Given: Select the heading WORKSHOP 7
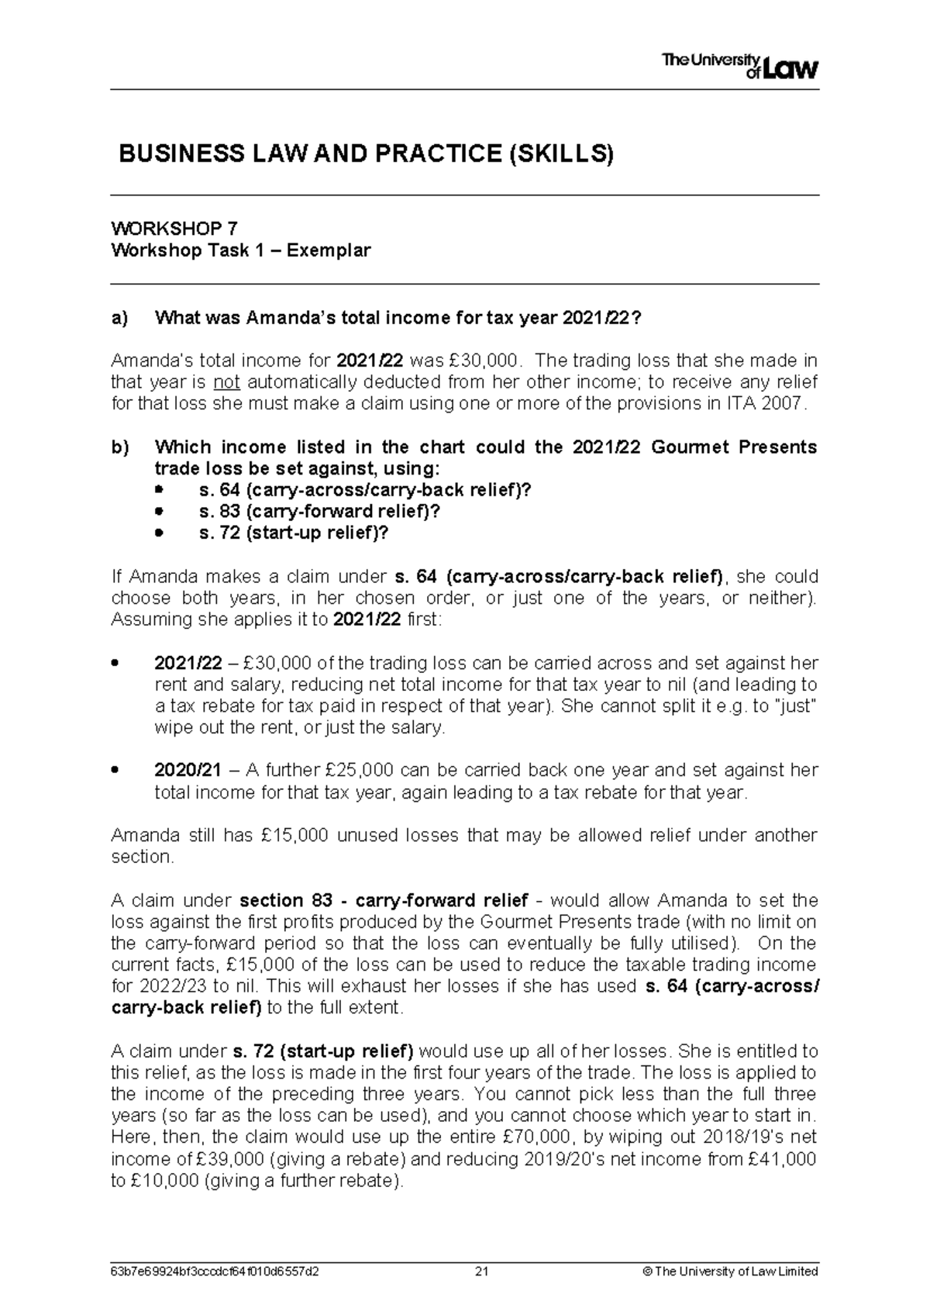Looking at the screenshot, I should pyautogui.click(x=174, y=228).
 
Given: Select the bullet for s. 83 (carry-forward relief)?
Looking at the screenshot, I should pyautogui.click(x=160, y=512).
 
